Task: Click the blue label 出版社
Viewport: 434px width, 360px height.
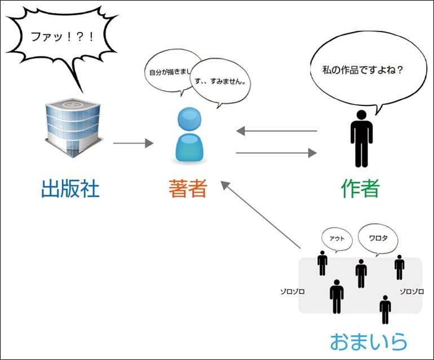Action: click(70, 189)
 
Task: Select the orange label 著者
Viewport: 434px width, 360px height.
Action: click(188, 189)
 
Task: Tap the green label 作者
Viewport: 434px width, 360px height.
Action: click(360, 189)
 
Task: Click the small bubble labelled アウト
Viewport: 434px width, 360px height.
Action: click(337, 238)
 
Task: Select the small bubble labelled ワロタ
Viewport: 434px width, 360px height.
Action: click(378, 238)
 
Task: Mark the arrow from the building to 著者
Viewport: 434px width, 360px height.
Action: click(133, 144)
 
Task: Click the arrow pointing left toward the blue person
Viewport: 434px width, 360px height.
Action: click(276, 131)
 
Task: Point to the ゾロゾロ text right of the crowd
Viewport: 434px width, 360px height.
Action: click(411, 292)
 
